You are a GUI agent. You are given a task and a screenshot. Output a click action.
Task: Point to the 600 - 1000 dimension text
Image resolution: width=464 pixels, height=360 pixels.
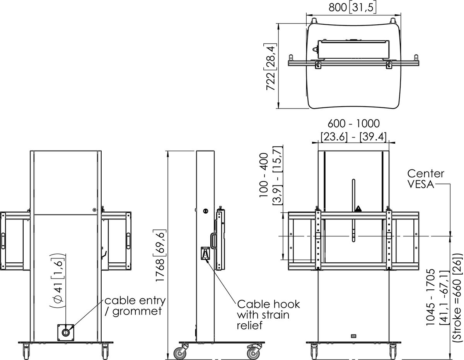pyautogui.click(x=353, y=124)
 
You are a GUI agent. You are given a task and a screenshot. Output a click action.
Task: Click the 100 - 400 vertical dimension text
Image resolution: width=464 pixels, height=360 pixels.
pyautogui.click(x=264, y=175)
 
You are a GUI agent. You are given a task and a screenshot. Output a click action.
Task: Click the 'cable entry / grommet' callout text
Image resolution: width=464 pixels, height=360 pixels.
pyautogui.click(x=135, y=306)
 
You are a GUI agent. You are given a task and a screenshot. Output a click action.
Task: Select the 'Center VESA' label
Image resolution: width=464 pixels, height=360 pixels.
pyautogui.click(x=426, y=179)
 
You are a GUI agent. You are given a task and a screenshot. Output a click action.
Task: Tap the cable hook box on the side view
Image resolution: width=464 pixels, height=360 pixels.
pyautogui.click(x=205, y=253)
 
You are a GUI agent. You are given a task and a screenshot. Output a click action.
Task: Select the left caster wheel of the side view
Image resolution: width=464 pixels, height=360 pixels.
pyautogui.click(x=180, y=353)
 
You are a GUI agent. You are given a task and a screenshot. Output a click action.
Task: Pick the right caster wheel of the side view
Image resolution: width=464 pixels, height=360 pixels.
pyautogui.click(x=253, y=353)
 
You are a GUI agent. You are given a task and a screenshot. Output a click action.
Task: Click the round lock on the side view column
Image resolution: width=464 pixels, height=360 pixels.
pyautogui.click(x=205, y=211)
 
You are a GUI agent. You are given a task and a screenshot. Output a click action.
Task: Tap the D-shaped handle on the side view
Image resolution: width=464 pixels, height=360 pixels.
pyautogui.click(x=213, y=241)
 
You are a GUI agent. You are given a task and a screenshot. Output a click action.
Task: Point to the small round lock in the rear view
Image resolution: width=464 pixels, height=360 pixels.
pyautogui.click(x=94, y=210)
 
